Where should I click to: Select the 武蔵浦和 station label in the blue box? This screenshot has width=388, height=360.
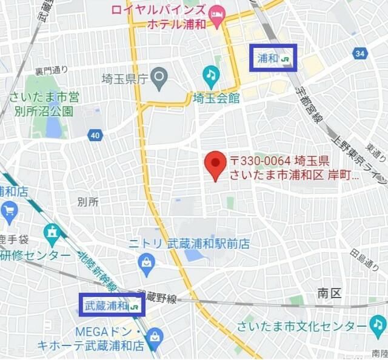coord(112,305)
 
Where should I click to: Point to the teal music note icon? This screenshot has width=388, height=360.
coord(210,75)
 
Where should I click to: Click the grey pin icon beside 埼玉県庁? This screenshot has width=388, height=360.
coord(159,76)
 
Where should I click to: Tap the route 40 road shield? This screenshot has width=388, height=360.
coord(95,135)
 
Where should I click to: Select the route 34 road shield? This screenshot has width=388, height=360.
coord(361,54)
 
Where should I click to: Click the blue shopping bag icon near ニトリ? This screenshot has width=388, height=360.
coord(146,262)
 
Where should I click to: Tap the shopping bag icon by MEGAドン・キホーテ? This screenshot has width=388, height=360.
coord(155,336)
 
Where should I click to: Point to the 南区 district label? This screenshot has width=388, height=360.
coord(329,293)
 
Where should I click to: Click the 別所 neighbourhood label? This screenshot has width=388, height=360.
coord(88,202)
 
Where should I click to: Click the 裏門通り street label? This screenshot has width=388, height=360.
coord(52,70)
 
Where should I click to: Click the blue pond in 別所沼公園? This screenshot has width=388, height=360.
coord(54,127)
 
